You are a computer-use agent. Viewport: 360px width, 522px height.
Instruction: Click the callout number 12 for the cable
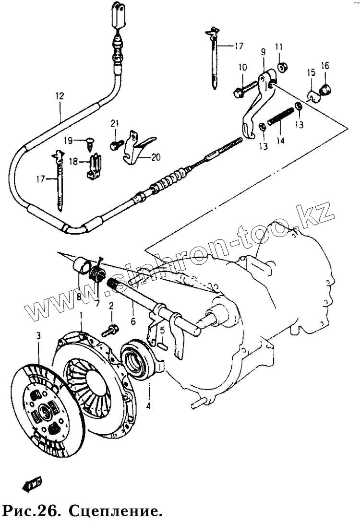pyautogui.click(x=59, y=96)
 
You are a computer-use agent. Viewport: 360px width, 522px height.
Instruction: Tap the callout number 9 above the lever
pyautogui.click(x=263, y=51)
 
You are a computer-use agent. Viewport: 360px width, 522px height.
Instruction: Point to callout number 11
pyautogui.click(x=279, y=47)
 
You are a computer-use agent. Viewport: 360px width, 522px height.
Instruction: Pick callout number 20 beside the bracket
pyautogui.click(x=156, y=157)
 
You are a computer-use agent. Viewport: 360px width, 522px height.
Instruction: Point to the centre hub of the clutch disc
pyautogui.click(x=45, y=411)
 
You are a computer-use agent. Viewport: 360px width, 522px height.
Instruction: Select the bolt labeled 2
pyautogui.click(x=112, y=330)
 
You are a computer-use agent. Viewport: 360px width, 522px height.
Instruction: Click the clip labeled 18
pyautogui.click(x=94, y=166)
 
